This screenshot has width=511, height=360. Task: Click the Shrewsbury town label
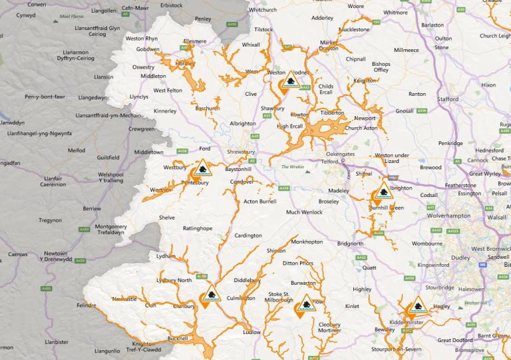coord(240,152)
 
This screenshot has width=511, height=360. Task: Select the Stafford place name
coord(448,99)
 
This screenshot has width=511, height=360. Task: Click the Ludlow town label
coord(252,331)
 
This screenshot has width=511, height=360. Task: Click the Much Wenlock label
coord(303,212)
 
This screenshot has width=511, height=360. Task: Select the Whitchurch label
coord(262,10)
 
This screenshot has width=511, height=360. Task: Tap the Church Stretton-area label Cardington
coord(248,235)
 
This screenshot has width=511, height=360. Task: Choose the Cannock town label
coord(478,160)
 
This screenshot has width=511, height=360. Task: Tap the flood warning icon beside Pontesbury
coord(204,167)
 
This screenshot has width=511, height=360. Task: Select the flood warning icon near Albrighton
coord(383,191)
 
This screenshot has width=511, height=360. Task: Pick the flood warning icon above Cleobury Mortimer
coord(305,303)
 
